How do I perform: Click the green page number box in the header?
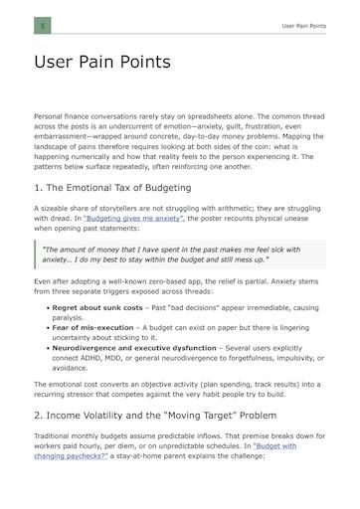(x=42, y=25)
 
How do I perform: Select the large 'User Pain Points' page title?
(x=102, y=63)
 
